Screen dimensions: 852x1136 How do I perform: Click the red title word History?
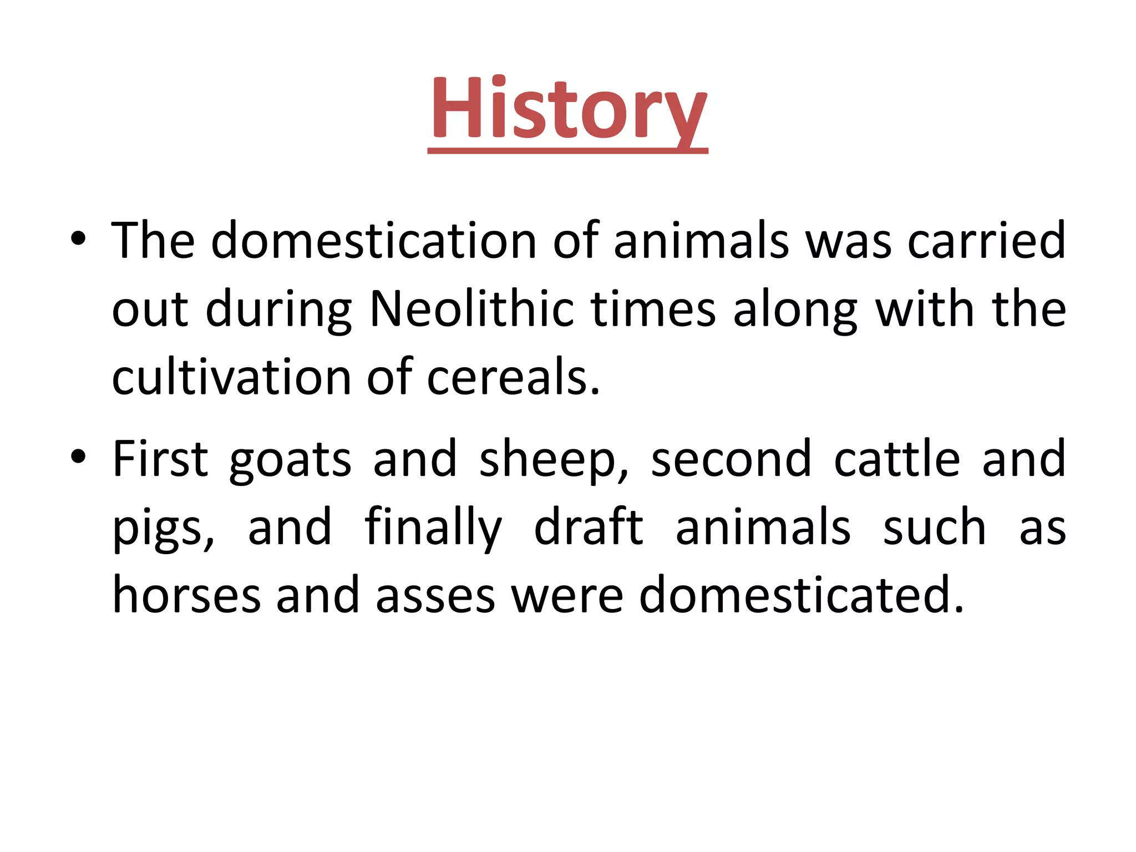pos(567,108)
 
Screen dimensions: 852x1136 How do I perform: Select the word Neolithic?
pos(471,309)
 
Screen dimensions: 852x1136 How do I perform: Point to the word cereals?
pos(513,377)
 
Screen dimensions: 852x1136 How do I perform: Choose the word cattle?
pos(897,459)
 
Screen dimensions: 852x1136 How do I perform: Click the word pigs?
pos(163,529)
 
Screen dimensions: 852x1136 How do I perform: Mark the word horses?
pos(186,595)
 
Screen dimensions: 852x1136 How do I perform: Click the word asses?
pos(435,595)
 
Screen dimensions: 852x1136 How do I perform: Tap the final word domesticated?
pos(802,595)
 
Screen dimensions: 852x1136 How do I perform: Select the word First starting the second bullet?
pos(160,459)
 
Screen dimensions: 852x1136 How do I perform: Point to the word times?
pos(653,309)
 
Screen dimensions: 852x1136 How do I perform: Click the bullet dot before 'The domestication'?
pos(78,239)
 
